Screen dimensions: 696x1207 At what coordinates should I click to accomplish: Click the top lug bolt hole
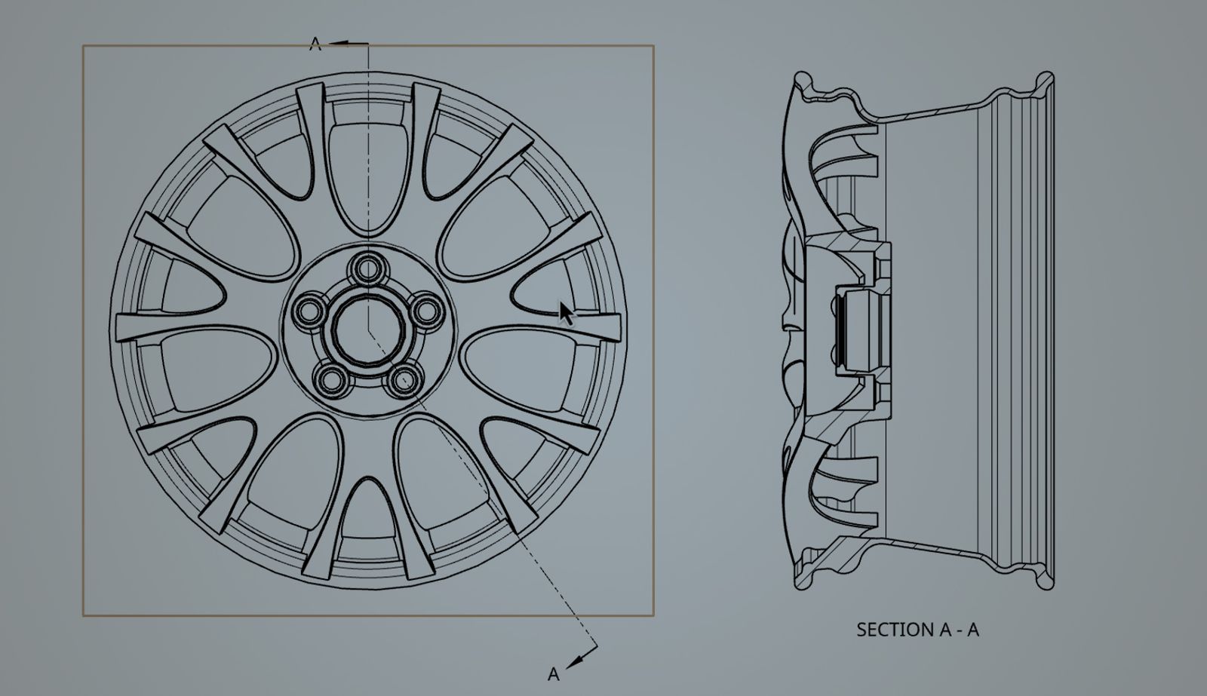pyautogui.click(x=368, y=268)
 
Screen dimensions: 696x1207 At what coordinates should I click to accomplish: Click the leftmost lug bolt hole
pyautogui.click(x=309, y=310)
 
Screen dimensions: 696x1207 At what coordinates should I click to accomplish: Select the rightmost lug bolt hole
pyautogui.click(x=428, y=309)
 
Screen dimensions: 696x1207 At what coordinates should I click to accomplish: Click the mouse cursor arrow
pyautogui.click(x=566, y=311)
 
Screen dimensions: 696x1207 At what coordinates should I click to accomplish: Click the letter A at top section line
pyautogui.click(x=315, y=44)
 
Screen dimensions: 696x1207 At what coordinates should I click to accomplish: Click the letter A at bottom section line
pyautogui.click(x=554, y=674)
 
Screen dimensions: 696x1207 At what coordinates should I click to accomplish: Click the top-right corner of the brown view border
pyautogui.click(x=653, y=46)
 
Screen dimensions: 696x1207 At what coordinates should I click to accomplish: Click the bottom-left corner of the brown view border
pyautogui.click(x=83, y=615)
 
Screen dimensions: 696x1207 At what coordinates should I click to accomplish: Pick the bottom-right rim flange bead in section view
pyautogui.click(x=1045, y=582)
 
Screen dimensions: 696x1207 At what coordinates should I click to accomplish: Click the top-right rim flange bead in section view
pyautogui.click(x=1045, y=79)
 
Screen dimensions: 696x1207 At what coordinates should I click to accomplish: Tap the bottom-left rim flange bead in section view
pyautogui.click(x=803, y=582)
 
